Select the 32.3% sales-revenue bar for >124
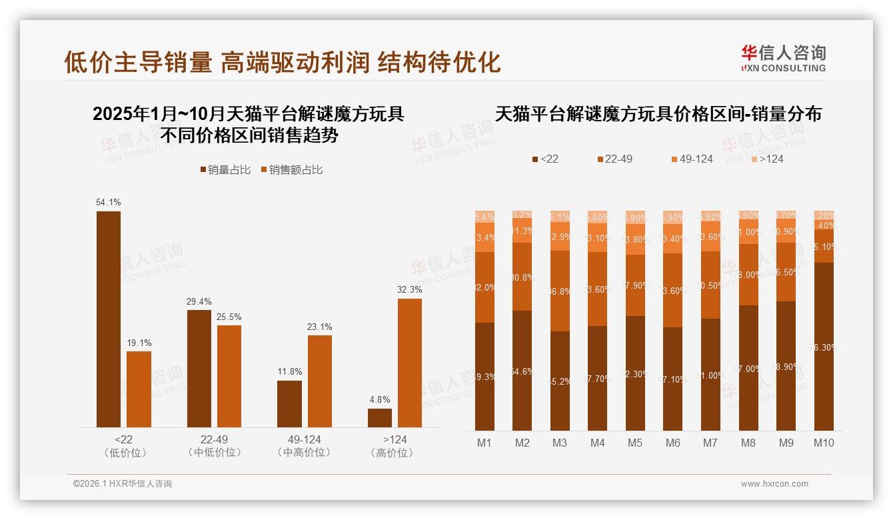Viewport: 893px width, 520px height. [x=410, y=363]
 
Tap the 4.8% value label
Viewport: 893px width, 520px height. [x=379, y=400]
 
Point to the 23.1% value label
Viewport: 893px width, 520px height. [x=320, y=327]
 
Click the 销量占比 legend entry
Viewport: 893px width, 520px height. [x=225, y=170]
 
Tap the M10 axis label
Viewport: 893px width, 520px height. [x=824, y=443]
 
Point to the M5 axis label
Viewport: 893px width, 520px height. [x=635, y=443]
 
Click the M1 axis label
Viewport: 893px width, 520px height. [x=484, y=443]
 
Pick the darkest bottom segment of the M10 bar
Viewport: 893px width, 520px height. [x=824, y=346]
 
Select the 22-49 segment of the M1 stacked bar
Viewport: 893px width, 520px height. [x=484, y=287]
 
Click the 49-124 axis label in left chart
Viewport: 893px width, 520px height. [x=304, y=439]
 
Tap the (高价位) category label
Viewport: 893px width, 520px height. [x=395, y=453]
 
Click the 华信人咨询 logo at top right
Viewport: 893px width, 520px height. [x=783, y=58]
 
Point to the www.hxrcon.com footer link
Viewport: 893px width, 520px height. [x=774, y=484]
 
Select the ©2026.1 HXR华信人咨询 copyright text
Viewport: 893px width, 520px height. [x=123, y=484]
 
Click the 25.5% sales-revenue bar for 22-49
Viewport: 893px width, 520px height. [x=229, y=376]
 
